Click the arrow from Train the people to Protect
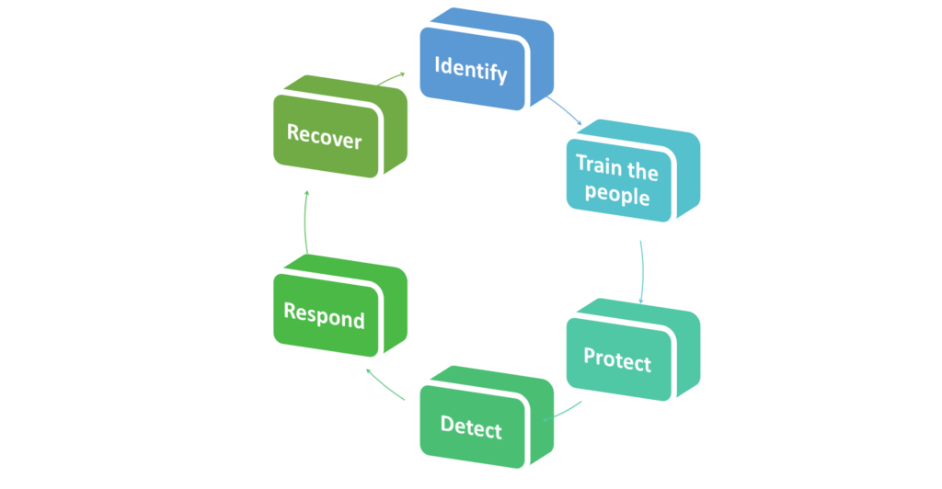(640, 268)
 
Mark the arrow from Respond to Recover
(305, 221)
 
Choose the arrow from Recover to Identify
(391, 78)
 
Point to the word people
(617, 195)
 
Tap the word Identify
(470, 68)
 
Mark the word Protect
(617, 360)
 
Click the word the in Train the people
(641, 169)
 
